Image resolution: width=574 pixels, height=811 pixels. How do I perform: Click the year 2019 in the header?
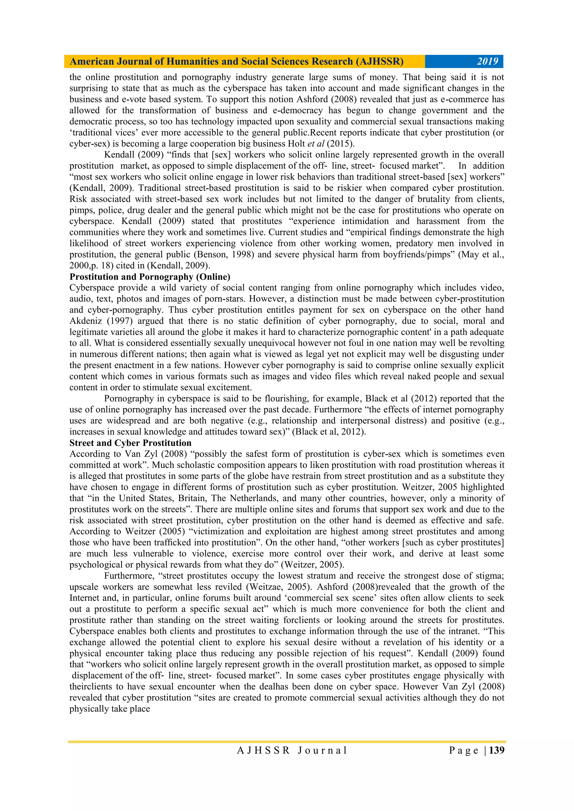(x=487, y=61)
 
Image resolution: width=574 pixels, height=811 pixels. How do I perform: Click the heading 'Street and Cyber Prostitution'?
(x=130, y=443)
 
